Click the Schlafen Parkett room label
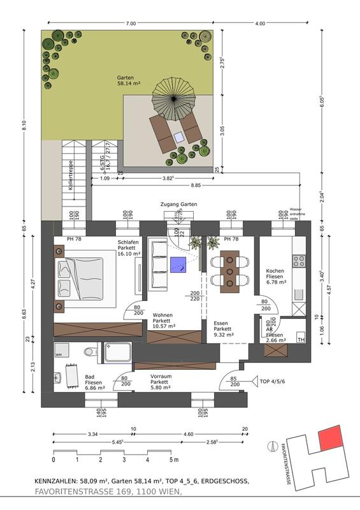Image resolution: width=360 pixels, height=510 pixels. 130,248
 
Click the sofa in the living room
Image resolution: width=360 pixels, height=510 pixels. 156,264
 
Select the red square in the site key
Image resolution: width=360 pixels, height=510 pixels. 330,438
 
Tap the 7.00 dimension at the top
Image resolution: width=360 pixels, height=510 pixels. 131,24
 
